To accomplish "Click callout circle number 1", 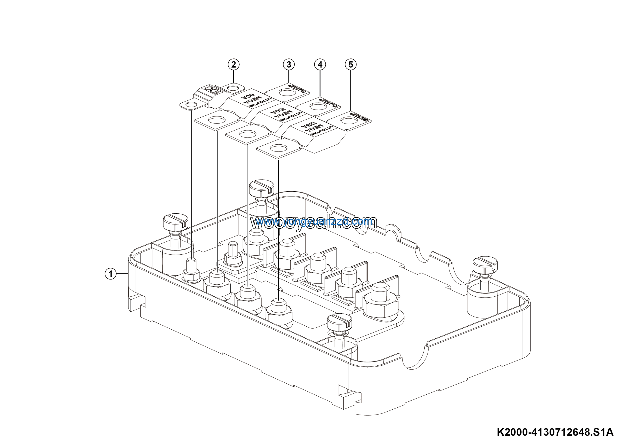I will click(x=110, y=274).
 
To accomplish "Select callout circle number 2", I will click(x=234, y=65).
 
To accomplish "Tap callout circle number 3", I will click(x=288, y=65).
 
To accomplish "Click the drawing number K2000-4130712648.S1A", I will click(x=555, y=432).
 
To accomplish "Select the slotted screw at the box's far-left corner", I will click(x=175, y=222).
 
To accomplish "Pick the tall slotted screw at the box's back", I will click(x=262, y=188).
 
